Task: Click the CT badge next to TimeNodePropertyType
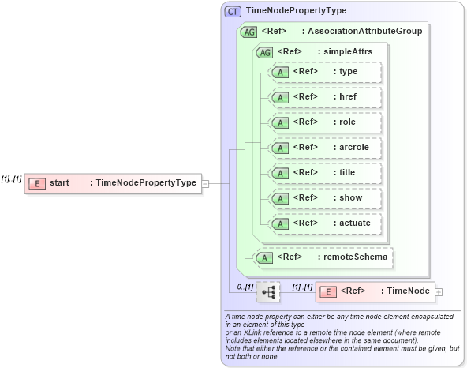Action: pos(233,11)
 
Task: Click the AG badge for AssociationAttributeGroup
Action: pos(248,32)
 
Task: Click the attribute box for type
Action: pos(325,72)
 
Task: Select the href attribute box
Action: pos(325,97)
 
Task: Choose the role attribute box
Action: pos(325,122)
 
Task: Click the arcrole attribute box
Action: pos(325,148)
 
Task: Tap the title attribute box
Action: pos(325,173)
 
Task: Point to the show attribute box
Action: pos(325,198)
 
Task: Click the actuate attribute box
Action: pos(325,223)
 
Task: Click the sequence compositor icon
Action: pos(268,291)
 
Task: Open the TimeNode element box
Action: pos(375,291)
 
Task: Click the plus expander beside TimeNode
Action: pos(439,292)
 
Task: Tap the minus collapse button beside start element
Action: pos(205,183)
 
